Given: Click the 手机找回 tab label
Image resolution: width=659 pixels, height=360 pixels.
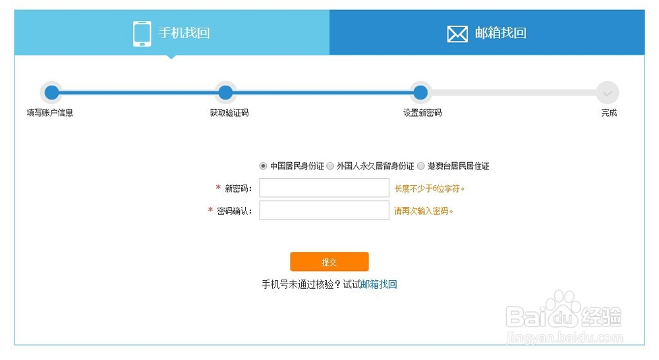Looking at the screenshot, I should click(184, 33).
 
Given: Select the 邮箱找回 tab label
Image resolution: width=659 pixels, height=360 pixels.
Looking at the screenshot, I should click(500, 33).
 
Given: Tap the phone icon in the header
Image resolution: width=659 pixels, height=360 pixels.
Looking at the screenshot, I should click(142, 34).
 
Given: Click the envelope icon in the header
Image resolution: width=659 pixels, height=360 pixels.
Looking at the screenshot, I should click(457, 34).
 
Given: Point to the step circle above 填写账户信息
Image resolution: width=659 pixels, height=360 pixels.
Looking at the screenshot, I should click(51, 92).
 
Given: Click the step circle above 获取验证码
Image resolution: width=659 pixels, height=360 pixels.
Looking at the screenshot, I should click(225, 92).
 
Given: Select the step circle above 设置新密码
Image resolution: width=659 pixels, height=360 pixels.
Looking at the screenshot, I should click(420, 92).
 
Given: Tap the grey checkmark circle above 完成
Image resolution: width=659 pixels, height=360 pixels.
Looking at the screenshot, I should click(608, 92).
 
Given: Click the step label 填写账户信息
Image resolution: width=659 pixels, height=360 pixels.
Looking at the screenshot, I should click(50, 113).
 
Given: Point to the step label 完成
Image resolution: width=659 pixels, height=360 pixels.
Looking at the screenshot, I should click(609, 113).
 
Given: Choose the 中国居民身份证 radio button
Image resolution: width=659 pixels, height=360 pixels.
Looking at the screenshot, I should click(264, 166).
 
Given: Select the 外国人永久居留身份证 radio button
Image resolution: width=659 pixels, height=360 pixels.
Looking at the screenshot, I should click(330, 166).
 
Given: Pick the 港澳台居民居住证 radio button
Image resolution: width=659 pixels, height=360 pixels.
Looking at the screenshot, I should click(421, 166).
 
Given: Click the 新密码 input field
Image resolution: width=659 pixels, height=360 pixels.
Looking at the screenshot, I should click(324, 189).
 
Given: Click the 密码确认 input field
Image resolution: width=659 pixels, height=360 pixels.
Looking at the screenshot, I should click(324, 211).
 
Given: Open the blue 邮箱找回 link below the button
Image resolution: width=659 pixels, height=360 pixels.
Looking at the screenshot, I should click(379, 285).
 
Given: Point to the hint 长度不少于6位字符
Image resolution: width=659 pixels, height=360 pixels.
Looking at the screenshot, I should click(430, 189).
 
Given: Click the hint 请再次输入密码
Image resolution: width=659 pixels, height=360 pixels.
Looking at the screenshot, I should click(424, 212).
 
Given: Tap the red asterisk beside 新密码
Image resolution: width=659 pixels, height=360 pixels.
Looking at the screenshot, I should click(218, 189).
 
